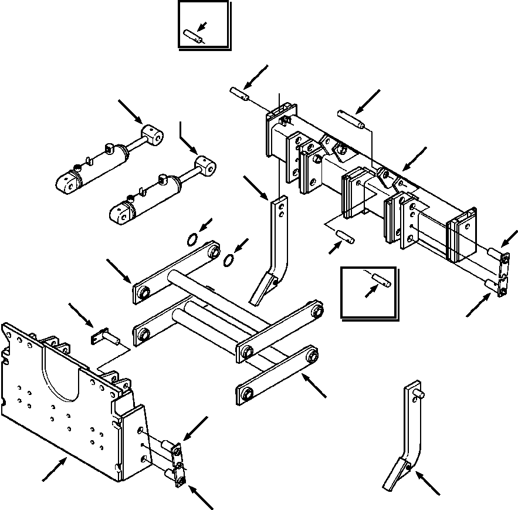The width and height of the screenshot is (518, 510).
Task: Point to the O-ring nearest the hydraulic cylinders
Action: tap(192, 239)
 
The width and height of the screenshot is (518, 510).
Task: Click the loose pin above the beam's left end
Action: tap(239, 93)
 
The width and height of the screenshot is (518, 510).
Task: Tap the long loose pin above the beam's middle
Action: tap(351, 119)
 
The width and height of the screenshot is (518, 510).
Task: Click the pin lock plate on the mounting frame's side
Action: tap(178, 463)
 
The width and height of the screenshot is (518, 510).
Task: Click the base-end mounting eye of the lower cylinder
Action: tap(123, 214)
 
